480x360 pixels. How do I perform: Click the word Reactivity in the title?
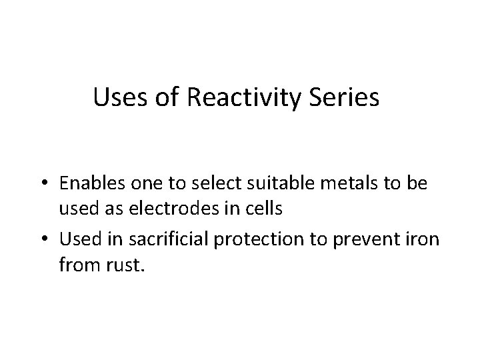click(249, 98)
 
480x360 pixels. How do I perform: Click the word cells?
click(267, 208)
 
